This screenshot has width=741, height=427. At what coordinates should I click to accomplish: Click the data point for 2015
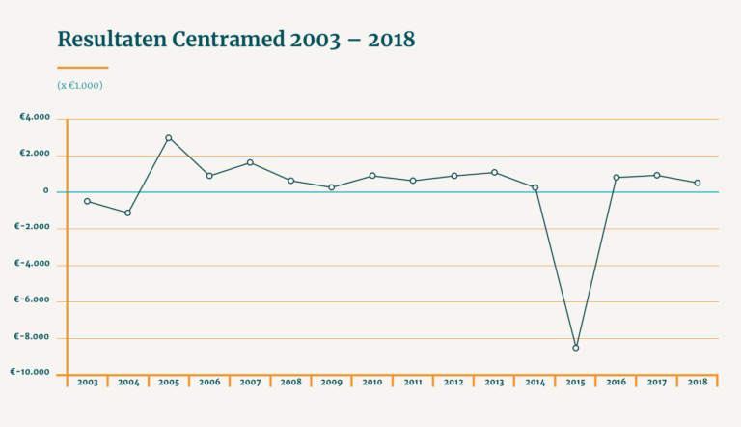tap(576, 348)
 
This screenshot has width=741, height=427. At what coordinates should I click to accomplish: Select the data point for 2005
tap(169, 138)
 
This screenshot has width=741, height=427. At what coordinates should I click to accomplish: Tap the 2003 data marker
tap(88, 201)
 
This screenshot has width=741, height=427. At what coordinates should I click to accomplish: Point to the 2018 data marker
tap(698, 183)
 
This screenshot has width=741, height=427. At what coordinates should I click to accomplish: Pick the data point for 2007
tap(250, 162)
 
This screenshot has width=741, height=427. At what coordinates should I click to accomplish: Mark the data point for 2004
tap(128, 213)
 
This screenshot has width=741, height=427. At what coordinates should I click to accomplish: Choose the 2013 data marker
tap(495, 173)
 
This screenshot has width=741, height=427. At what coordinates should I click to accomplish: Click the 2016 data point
tap(617, 178)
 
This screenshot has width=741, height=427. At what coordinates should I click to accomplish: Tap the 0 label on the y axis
tap(45, 191)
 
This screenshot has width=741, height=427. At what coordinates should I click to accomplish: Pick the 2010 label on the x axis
tap(372, 383)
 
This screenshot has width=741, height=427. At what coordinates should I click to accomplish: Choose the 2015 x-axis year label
tap(575, 383)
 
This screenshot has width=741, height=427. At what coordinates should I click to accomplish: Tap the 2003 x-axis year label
tap(88, 383)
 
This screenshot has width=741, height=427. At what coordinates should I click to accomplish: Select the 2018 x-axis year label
tap(697, 383)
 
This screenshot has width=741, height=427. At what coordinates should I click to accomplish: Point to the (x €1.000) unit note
tap(80, 85)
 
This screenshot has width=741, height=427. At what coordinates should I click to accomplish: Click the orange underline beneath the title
tap(83, 68)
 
